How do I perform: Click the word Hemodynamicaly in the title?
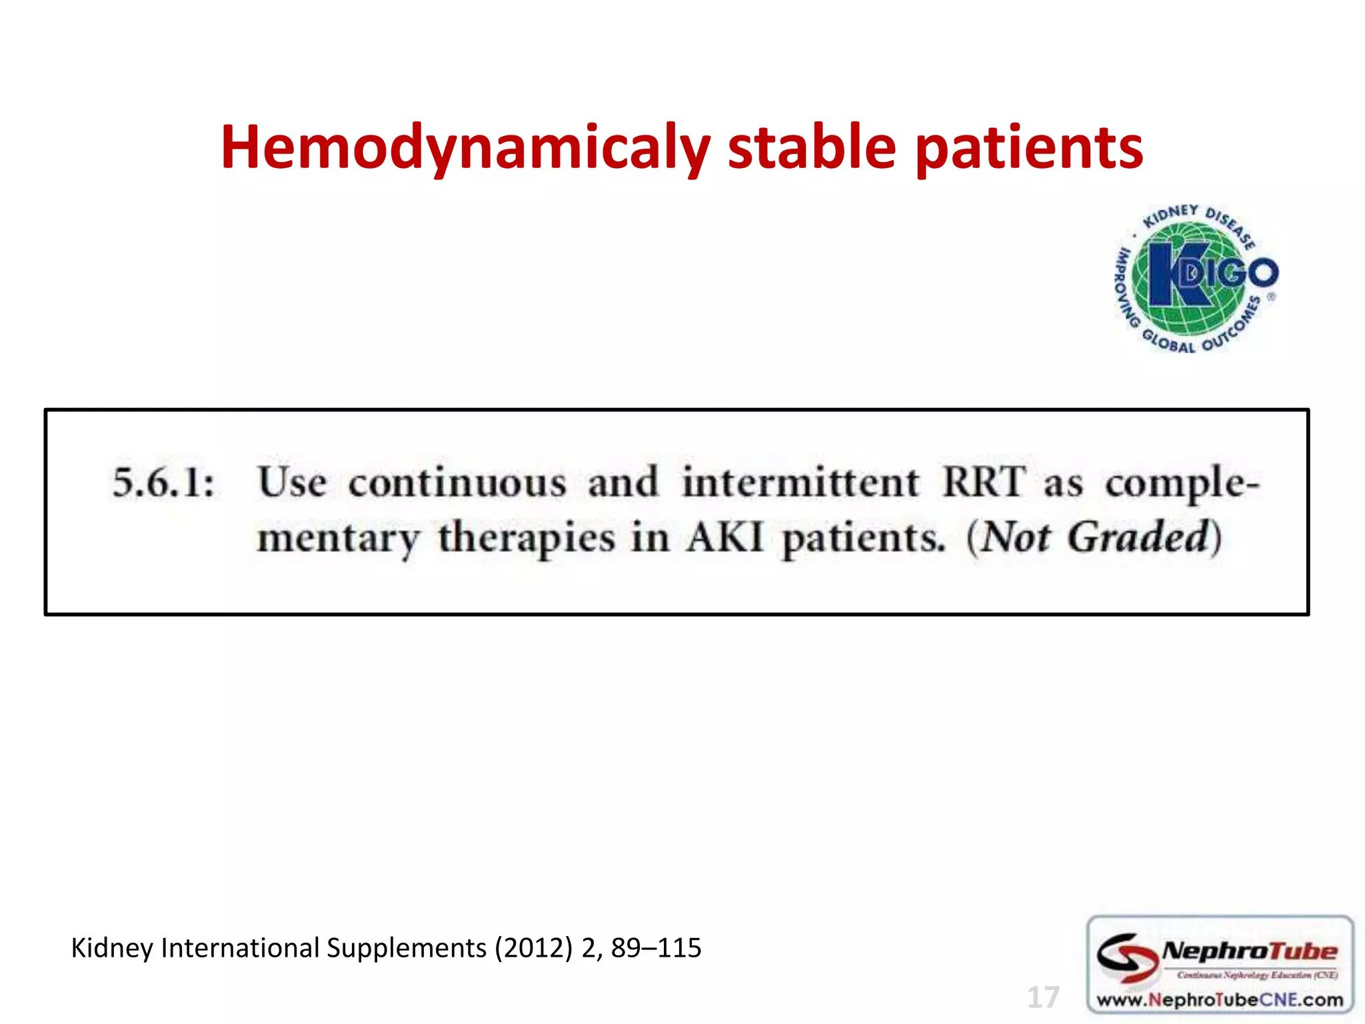[465, 148]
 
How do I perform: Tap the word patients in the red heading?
[1029, 148]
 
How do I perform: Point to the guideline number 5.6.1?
[163, 483]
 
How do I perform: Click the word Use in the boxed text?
[292, 483]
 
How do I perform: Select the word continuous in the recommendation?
[457, 483]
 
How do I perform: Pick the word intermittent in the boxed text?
[800, 483]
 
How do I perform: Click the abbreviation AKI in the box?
[725, 537]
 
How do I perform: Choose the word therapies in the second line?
[526, 539]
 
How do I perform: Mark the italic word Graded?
[1138, 537]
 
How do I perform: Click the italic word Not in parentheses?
[1015, 537]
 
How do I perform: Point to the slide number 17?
[1043, 997]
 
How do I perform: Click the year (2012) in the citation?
[533, 948]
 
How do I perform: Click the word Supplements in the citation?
[407, 948]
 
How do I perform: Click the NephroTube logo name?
[1248, 951]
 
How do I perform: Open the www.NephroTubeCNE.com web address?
[1220, 1000]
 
